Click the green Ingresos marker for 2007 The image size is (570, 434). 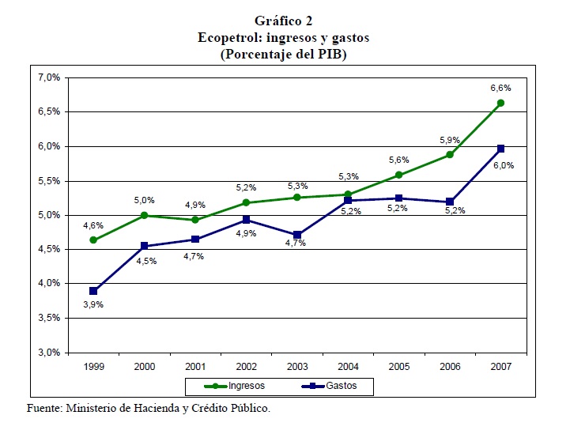tap(500, 103)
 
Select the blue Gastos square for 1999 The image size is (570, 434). tap(94, 291)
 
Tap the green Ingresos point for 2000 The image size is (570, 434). tap(145, 215)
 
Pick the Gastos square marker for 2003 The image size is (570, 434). tap(297, 235)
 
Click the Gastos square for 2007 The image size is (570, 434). tap(500, 149)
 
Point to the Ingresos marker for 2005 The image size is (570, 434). tap(398, 175)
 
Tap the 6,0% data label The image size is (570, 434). tap(504, 165)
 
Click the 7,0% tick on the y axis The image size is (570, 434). tap(50, 77)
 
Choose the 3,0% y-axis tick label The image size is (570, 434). tap(50, 353)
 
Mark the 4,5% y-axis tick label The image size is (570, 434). tap(50, 250)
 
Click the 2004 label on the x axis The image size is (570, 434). tap(348, 367)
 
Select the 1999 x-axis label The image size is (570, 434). tap(94, 367)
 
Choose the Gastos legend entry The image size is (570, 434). tap(335, 387)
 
